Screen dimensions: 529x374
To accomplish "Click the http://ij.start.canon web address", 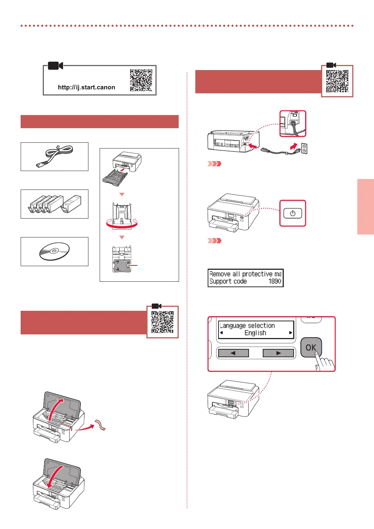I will pos(87,87).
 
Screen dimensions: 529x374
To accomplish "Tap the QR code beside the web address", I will pos(141,80).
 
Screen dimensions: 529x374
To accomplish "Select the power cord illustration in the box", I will pos(54,156).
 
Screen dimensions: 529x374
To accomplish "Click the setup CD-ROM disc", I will pos(54,251).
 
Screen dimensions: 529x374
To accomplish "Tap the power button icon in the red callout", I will pos(292,213).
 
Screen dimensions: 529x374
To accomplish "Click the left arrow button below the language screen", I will pos(233,353).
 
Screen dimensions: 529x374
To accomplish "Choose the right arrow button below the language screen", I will pos(278,353).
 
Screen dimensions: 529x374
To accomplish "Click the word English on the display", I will pos(255,333).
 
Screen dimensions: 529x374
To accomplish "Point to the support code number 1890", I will pos(275,281).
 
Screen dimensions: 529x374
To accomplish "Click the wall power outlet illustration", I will pos(304,148).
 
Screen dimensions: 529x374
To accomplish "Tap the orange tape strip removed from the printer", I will pos(100,425).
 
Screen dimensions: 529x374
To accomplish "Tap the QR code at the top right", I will pos(337,81).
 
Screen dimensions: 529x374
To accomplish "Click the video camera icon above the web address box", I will pos(55,66).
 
